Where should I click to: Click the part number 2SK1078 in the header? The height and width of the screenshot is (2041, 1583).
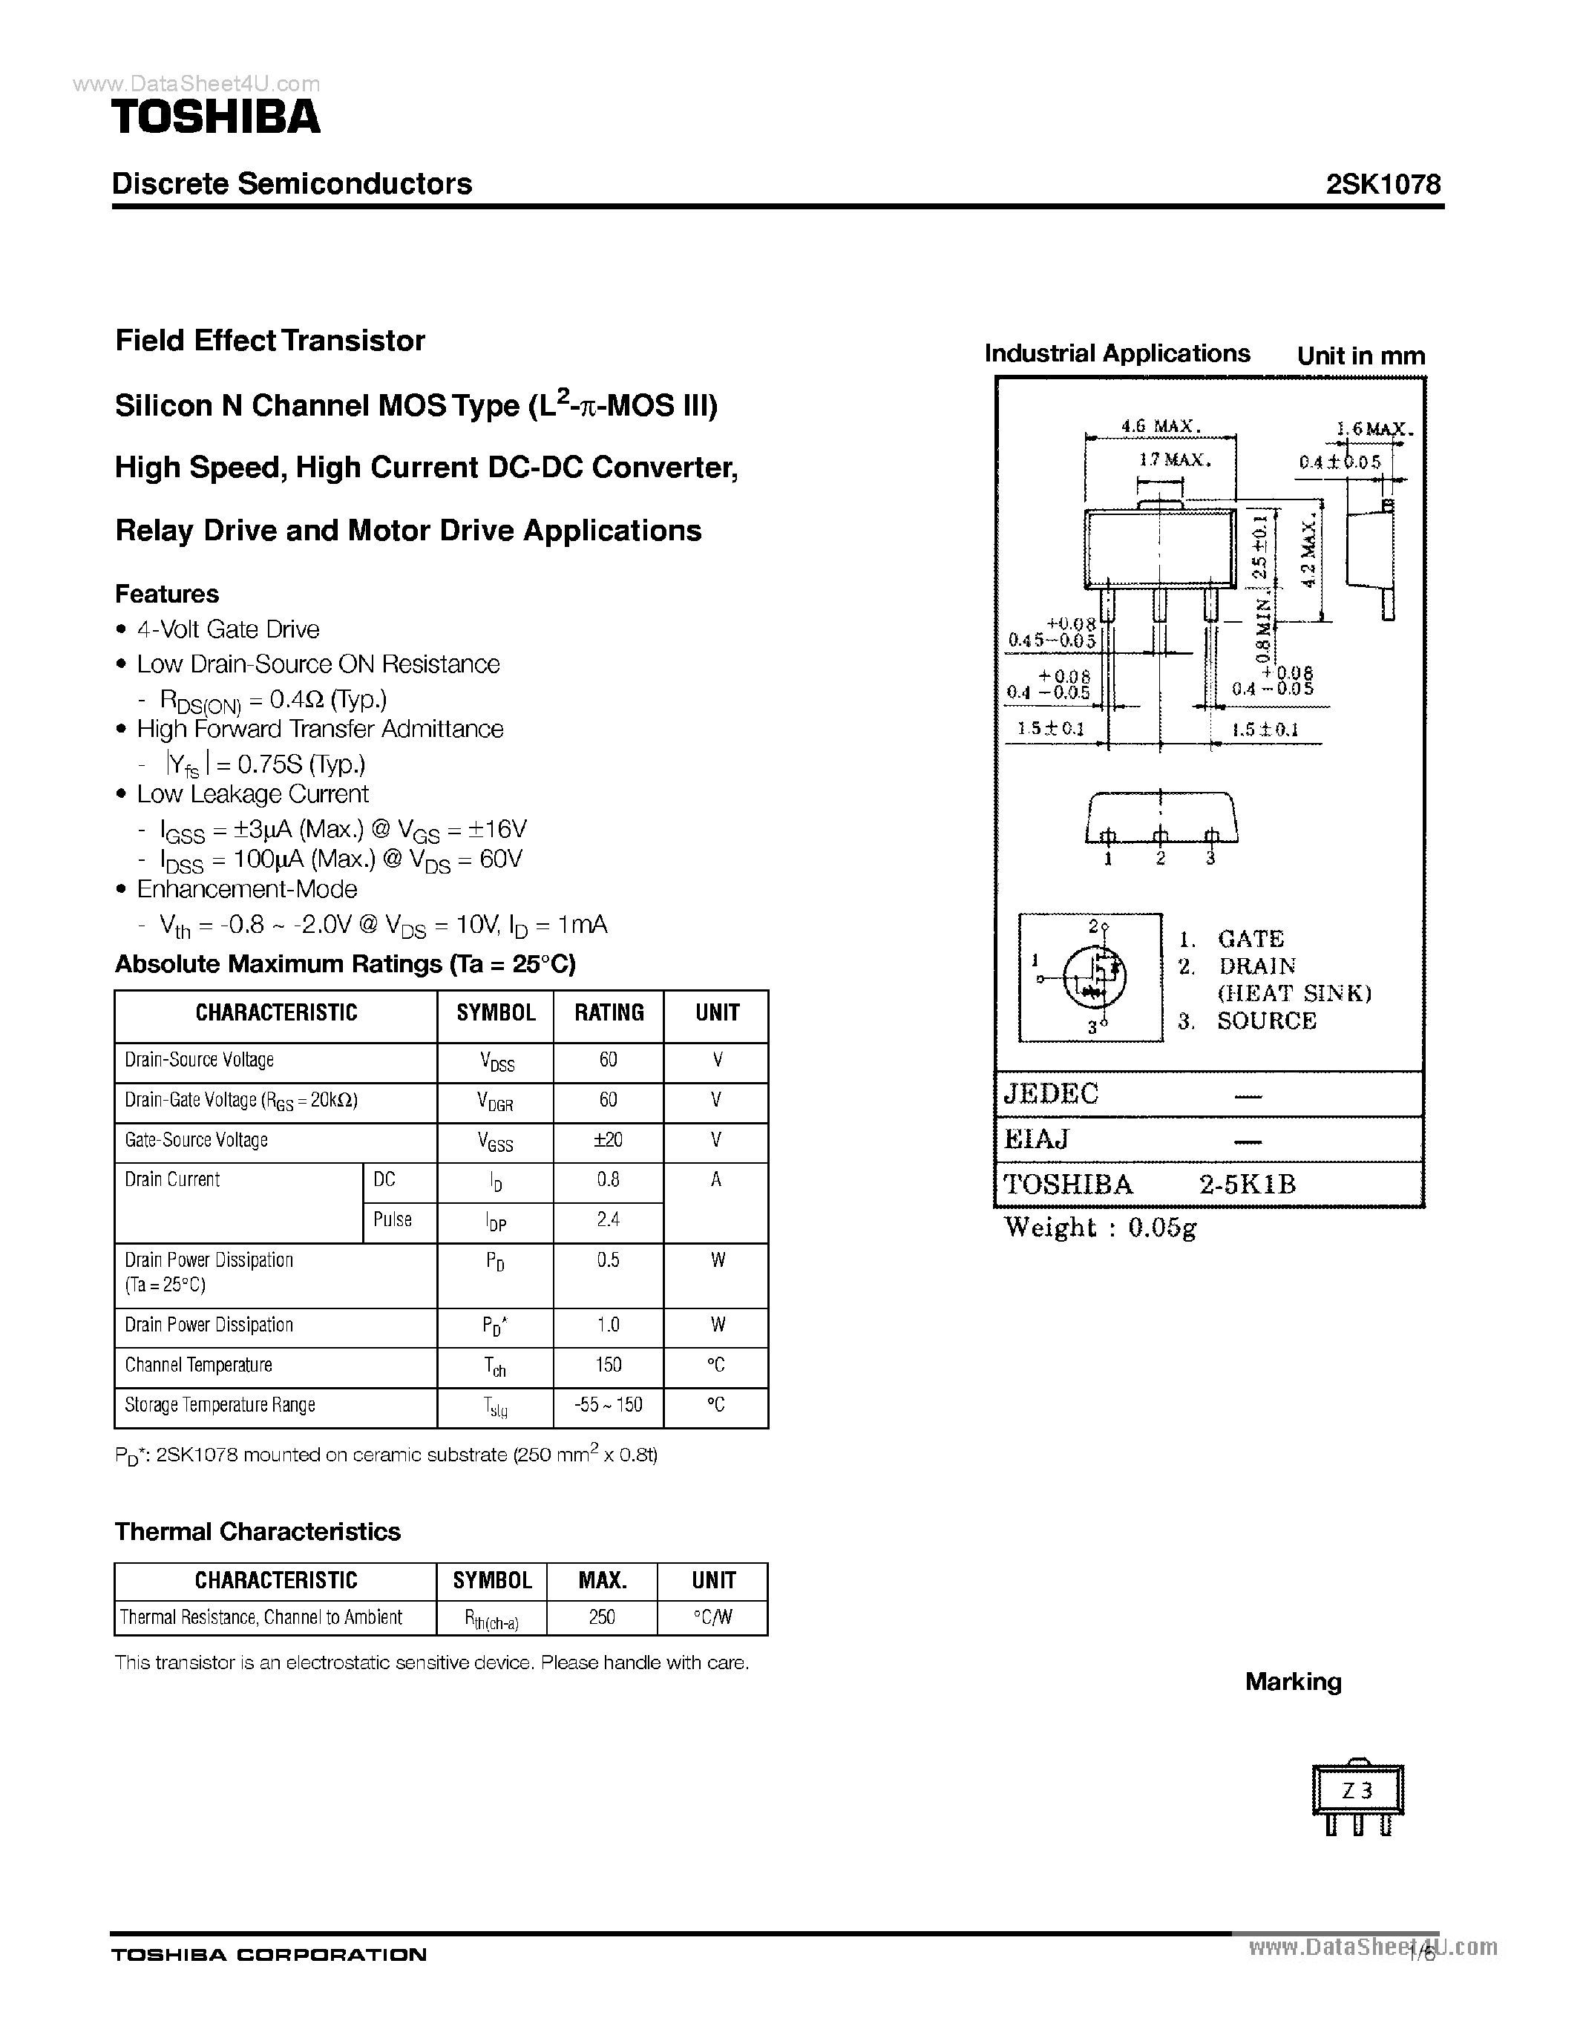point(1383,184)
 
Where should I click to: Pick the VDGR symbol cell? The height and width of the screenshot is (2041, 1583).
point(495,1102)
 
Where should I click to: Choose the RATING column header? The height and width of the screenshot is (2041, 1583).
point(609,1013)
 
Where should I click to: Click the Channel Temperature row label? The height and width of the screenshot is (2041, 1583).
point(198,1366)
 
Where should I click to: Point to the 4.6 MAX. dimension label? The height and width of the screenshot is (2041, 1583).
point(1161,426)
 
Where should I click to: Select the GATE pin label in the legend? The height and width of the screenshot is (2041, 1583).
point(1251,939)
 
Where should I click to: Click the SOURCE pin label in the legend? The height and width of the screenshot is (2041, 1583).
point(1266,1021)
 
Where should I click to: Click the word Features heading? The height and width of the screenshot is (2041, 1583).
point(166,594)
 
